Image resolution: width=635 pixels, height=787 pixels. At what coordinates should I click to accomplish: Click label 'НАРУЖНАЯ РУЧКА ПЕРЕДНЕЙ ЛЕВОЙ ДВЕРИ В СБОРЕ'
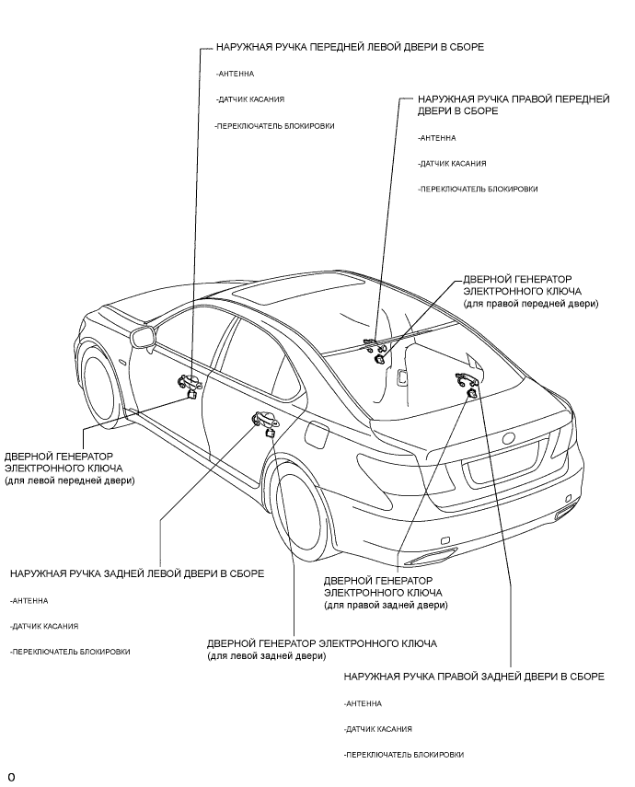click(349, 45)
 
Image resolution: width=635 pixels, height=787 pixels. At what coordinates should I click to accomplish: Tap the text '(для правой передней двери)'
click(530, 303)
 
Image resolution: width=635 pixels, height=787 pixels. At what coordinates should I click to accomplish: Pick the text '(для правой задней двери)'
click(386, 606)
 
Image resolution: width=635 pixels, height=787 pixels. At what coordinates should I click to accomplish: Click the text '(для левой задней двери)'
click(266, 656)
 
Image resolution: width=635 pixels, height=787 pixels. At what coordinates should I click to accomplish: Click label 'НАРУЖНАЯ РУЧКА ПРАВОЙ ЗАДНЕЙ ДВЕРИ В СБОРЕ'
click(473, 677)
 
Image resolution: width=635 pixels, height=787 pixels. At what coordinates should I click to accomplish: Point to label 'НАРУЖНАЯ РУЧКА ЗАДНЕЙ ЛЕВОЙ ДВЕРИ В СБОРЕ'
click(137, 573)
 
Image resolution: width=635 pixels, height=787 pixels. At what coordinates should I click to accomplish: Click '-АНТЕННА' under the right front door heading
click(436, 137)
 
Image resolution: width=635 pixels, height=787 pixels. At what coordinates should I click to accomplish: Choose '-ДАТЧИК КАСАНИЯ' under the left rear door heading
click(44, 626)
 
